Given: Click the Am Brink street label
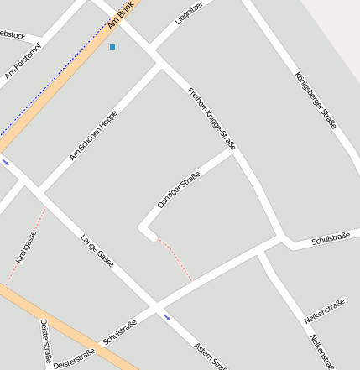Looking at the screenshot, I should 121,14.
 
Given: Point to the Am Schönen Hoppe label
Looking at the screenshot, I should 93,135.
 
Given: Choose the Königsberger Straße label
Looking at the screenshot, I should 316,100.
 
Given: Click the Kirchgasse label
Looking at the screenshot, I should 26,247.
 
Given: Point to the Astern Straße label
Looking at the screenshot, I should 210,354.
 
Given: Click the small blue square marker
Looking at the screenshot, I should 112,47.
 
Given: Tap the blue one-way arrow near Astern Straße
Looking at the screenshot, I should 168,317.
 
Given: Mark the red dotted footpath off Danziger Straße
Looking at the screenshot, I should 175,258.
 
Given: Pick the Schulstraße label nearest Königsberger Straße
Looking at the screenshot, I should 330,239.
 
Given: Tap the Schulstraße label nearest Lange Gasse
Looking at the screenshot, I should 120,332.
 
